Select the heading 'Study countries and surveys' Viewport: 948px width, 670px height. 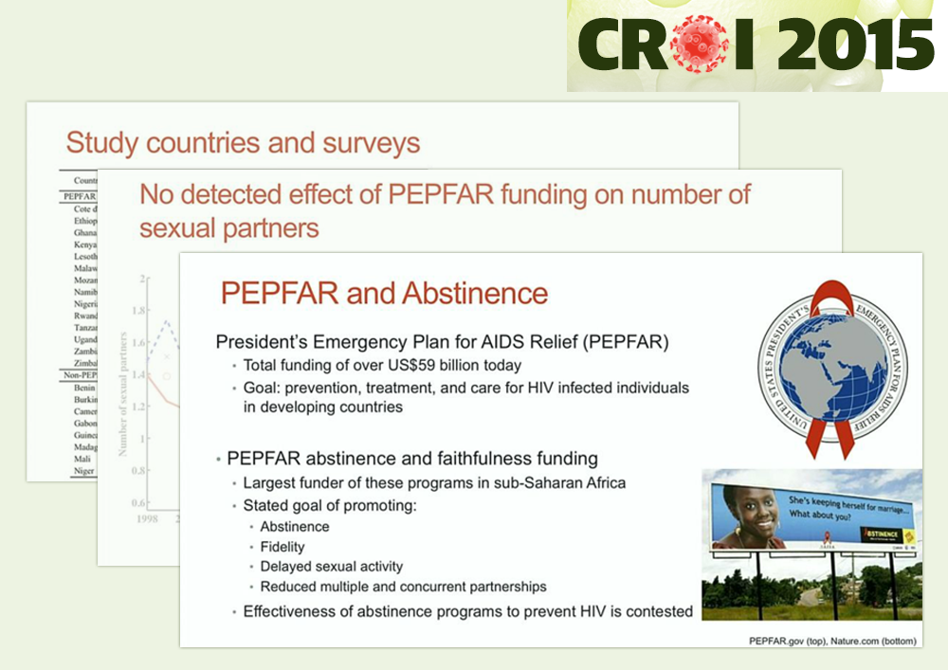pyautogui.click(x=243, y=144)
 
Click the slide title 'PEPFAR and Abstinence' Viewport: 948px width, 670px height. pyautogui.click(x=384, y=293)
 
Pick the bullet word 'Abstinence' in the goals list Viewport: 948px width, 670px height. pyautogui.click(x=295, y=527)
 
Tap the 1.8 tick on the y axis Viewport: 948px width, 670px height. pyautogui.click(x=139, y=310)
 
